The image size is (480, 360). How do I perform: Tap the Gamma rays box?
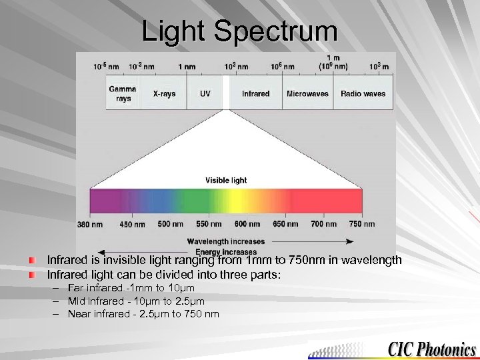(123, 93)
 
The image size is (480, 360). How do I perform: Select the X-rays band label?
(164, 94)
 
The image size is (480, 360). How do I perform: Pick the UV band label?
(205, 94)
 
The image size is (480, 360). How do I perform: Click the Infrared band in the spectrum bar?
(255, 94)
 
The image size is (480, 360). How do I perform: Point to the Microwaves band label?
(307, 94)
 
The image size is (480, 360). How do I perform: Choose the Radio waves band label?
(363, 94)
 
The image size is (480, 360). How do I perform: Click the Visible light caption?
(226, 180)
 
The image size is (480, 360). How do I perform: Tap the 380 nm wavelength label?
(90, 225)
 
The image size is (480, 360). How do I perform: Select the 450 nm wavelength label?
(132, 225)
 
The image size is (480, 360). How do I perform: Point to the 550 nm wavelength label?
(209, 224)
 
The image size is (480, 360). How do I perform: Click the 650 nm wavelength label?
(285, 224)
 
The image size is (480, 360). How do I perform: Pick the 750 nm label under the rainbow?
(362, 224)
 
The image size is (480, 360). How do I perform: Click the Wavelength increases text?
(226, 241)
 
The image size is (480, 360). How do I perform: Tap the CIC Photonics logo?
(432, 349)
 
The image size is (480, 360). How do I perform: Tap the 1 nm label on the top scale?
(187, 67)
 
